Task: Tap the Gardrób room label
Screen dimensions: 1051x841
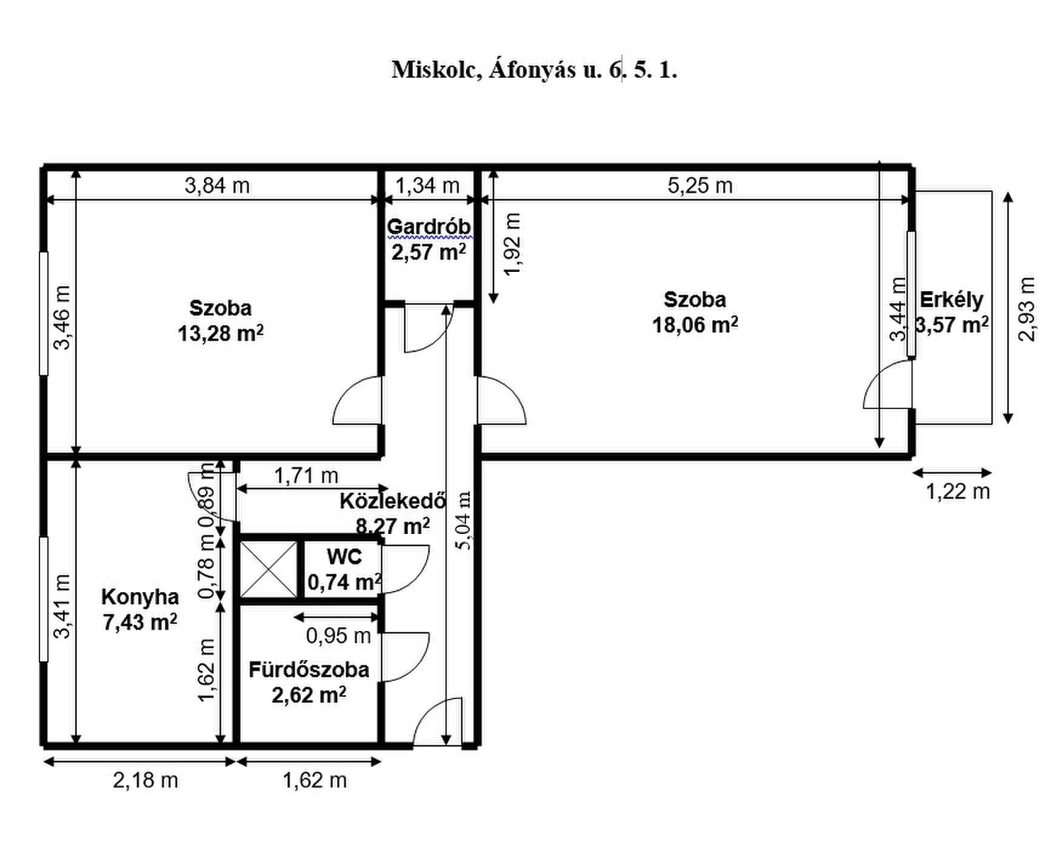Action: tap(429, 226)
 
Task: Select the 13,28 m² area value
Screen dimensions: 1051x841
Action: tap(220, 333)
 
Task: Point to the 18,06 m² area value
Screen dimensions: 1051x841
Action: tap(695, 325)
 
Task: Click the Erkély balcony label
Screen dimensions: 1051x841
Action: tap(951, 300)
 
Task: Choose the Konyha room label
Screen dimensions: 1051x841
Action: tap(140, 597)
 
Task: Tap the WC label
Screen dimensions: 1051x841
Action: tap(344, 556)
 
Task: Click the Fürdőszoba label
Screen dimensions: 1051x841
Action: tap(309, 669)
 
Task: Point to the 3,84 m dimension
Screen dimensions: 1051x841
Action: tap(217, 185)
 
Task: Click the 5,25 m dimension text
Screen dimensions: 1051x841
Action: tap(700, 185)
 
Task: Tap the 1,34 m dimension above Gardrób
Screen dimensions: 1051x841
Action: tap(427, 185)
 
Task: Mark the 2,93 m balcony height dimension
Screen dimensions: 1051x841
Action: tap(1027, 309)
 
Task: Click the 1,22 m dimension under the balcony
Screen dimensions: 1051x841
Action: tap(958, 491)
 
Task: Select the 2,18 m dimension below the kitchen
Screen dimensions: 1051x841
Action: tap(146, 780)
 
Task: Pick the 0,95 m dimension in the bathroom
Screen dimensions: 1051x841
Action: tap(338, 635)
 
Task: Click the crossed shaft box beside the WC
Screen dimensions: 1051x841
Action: tap(269, 569)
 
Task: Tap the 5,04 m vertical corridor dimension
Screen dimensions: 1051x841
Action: tap(464, 521)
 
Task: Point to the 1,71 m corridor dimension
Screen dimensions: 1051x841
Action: tap(306, 475)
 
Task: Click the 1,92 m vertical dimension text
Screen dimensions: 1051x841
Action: tap(512, 244)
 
